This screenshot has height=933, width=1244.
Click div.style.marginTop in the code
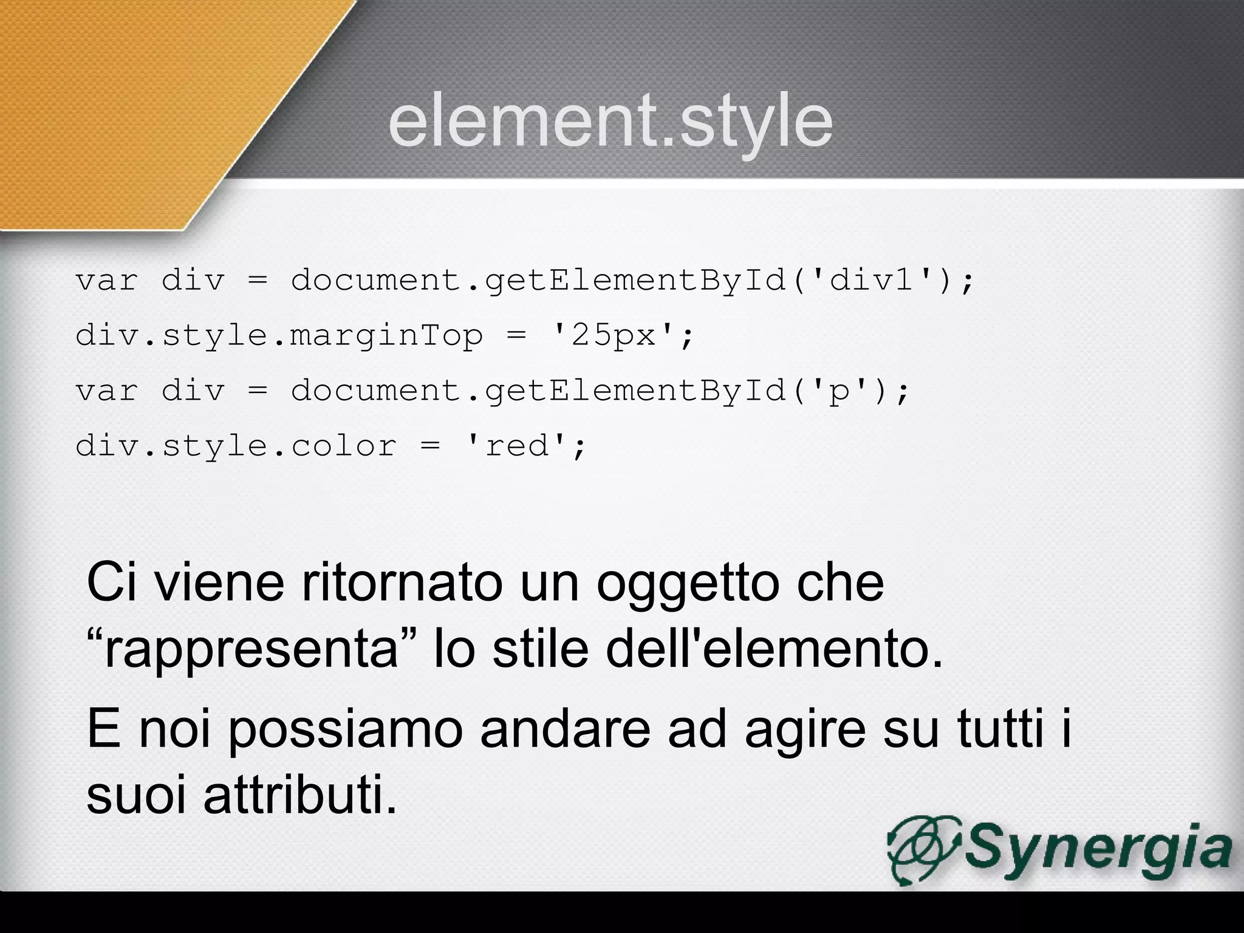279,336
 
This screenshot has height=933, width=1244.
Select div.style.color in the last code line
236,446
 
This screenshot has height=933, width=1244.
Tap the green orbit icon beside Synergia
923,849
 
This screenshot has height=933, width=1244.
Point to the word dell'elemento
774,649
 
